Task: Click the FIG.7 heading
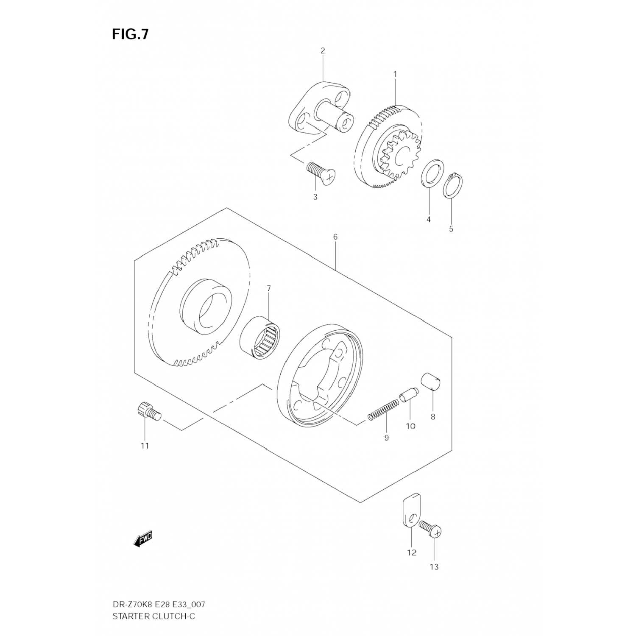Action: (130, 34)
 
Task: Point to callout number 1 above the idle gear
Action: (395, 74)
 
